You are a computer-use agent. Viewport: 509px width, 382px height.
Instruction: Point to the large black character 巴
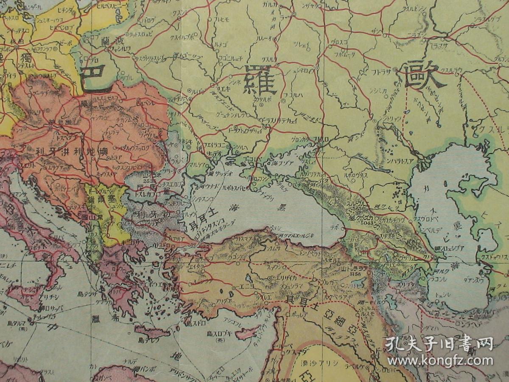coord(95,77)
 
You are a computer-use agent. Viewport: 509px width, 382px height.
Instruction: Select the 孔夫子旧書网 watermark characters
coord(439,344)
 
